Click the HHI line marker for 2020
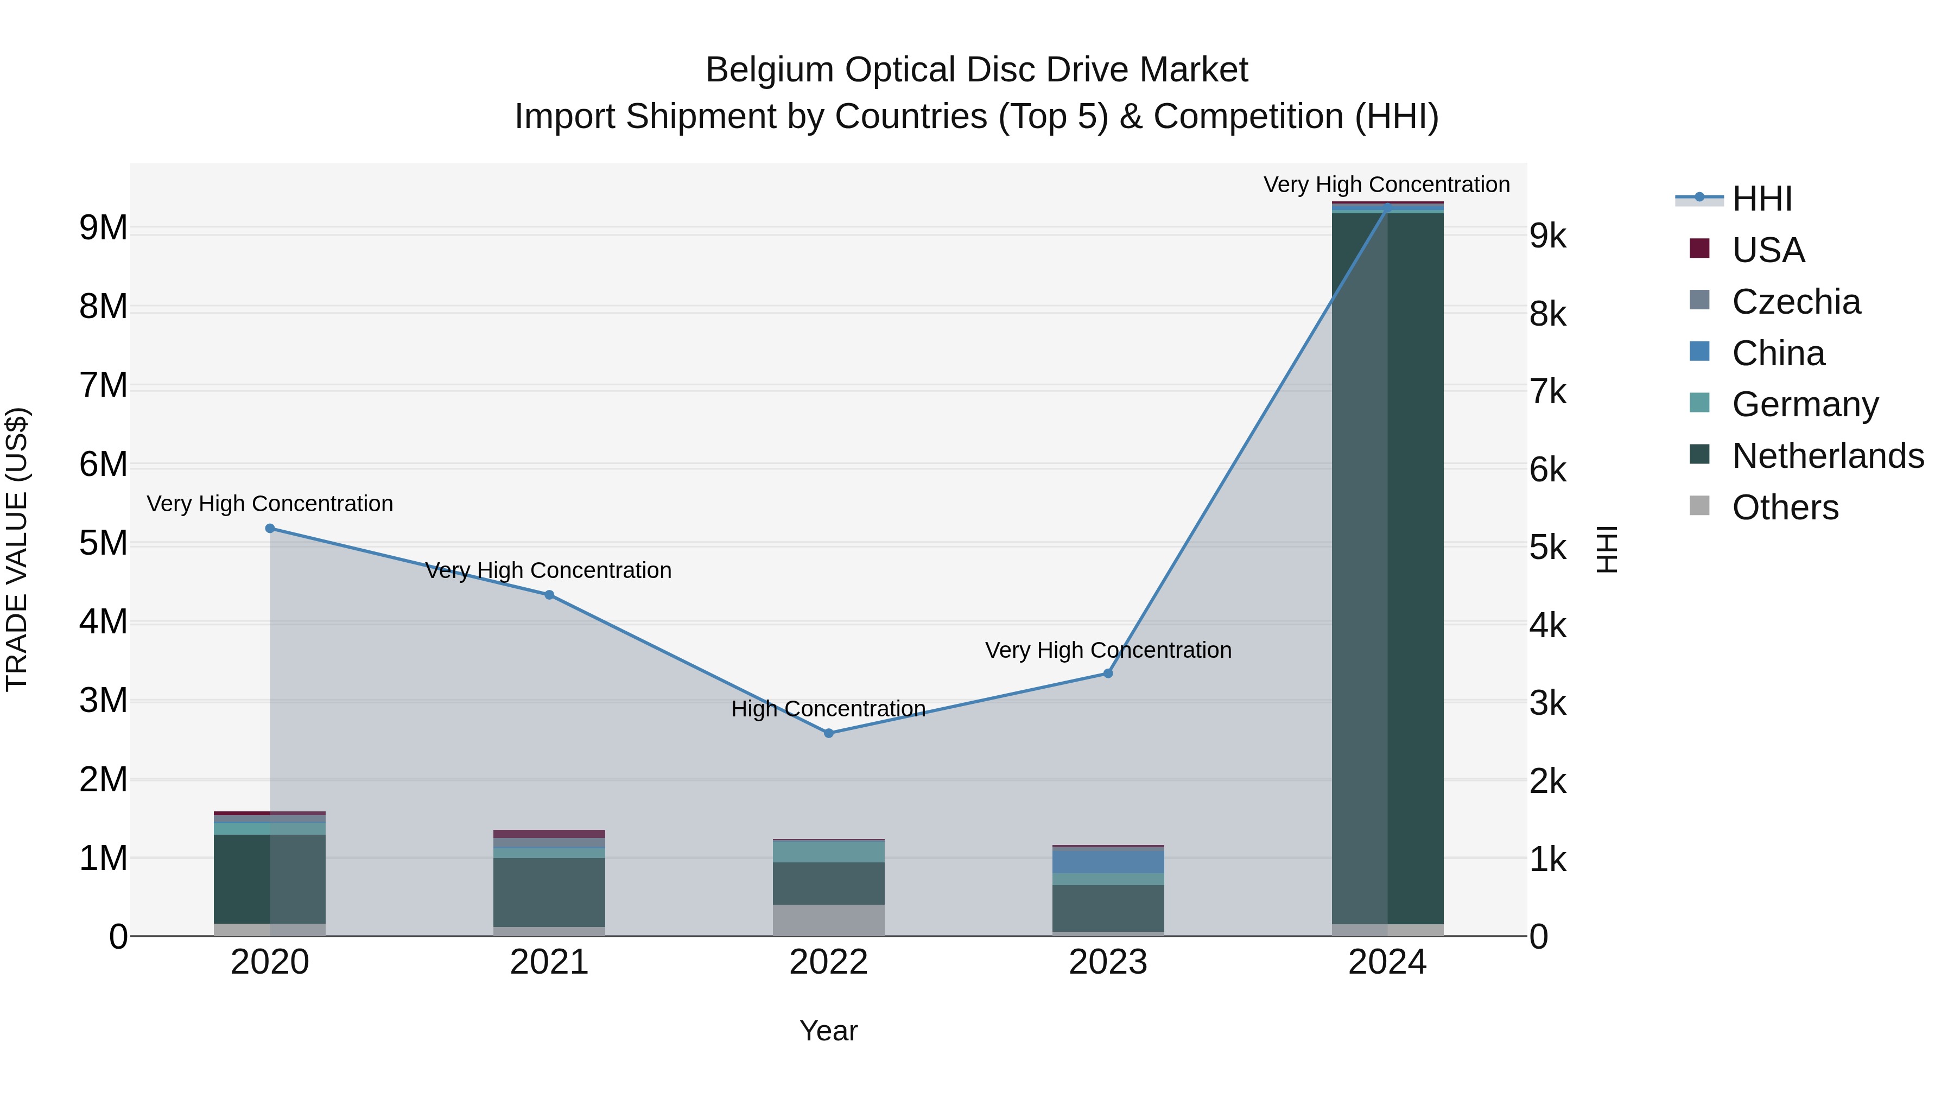pyautogui.click(x=270, y=529)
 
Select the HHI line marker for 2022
pyautogui.click(x=828, y=733)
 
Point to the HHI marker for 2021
pyautogui.click(x=549, y=595)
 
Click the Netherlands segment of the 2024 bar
pyautogui.click(x=1387, y=569)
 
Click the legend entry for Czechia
pyautogui.click(x=1796, y=302)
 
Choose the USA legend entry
pyautogui.click(x=1767, y=250)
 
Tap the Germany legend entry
pyautogui.click(x=1805, y=404)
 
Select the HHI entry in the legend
pyautogui.click(x=1761, y=199)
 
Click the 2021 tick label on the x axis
pyautogui.click(x=549, y=962)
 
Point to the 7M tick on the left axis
pyautogui.click(x=103, y=385)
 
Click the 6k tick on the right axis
pyautogui.click(x=1547, y=470)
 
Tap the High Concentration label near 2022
pyautogui.click(x=828, y=709)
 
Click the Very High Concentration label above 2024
pyautogui.click(x=1387, y=185)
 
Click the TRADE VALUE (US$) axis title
pyautogui.click(x=17, y=549)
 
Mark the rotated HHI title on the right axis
pyautogui.click(x=1607, y=549)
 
